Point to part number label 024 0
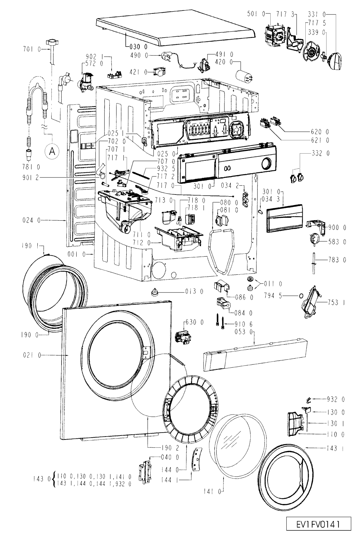tap(32, 220)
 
